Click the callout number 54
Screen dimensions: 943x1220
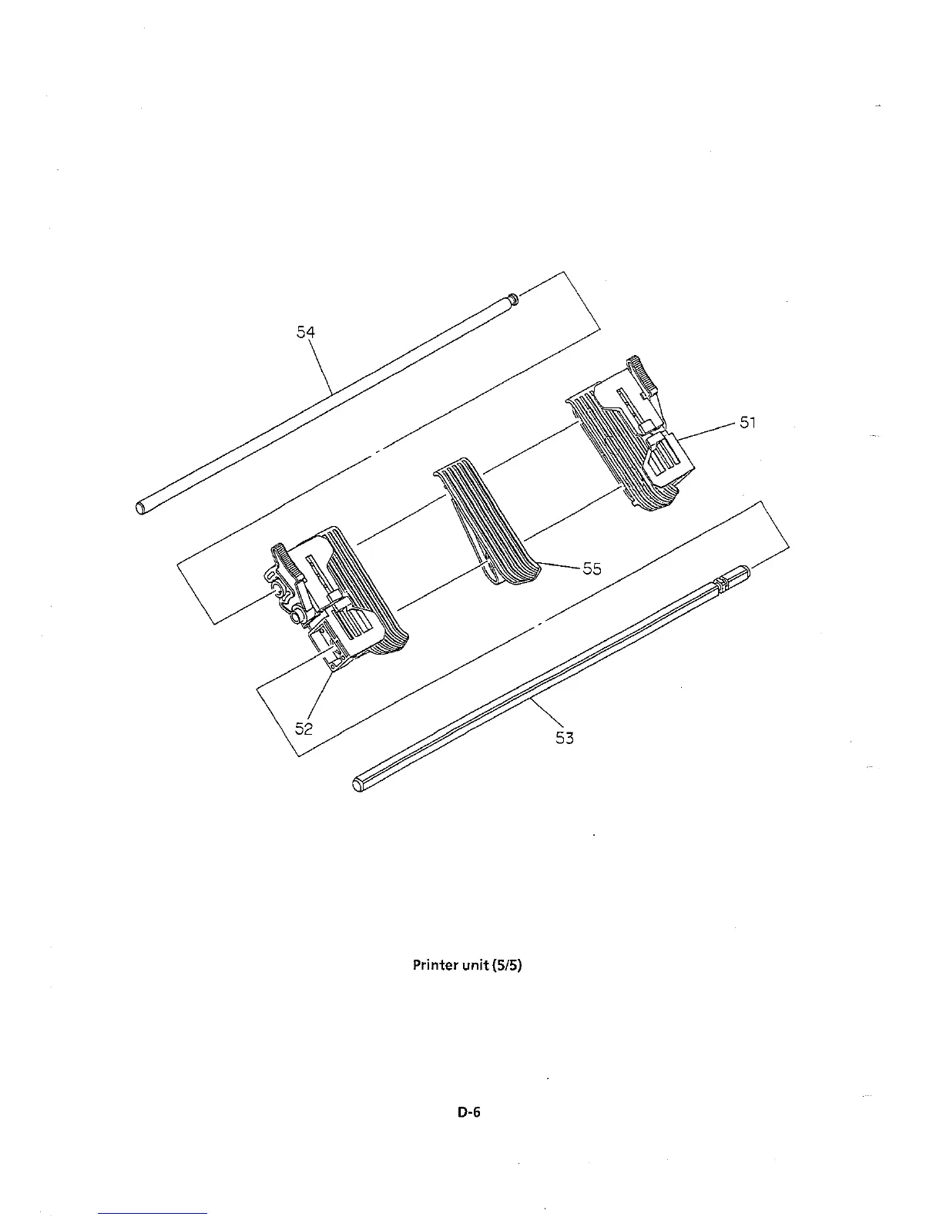point(306,332)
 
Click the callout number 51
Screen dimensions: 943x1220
point(748,422)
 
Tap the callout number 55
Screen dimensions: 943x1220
point(592,568)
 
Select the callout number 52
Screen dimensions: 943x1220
point(304,727)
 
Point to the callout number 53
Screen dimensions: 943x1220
point(565,737)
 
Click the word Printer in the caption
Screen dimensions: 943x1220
point(435,964)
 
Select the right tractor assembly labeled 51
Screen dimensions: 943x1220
point(632,447)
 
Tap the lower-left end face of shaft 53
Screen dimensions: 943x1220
point(357,785)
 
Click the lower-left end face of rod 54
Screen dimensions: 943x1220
point(140,507)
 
